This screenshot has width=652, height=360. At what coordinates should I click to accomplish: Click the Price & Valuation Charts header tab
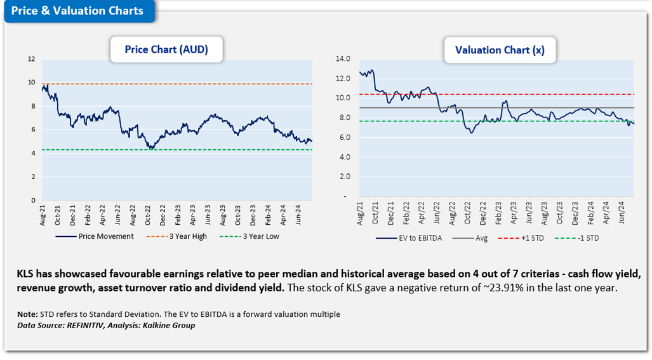(77, 11)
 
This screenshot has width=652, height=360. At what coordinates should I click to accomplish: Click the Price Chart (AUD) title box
(166, 50)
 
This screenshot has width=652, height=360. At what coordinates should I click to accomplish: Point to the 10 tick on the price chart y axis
(32, 83)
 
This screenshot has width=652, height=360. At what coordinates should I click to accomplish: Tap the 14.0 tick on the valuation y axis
(343, 59)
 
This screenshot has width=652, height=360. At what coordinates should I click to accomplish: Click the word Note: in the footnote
(28, 314)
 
